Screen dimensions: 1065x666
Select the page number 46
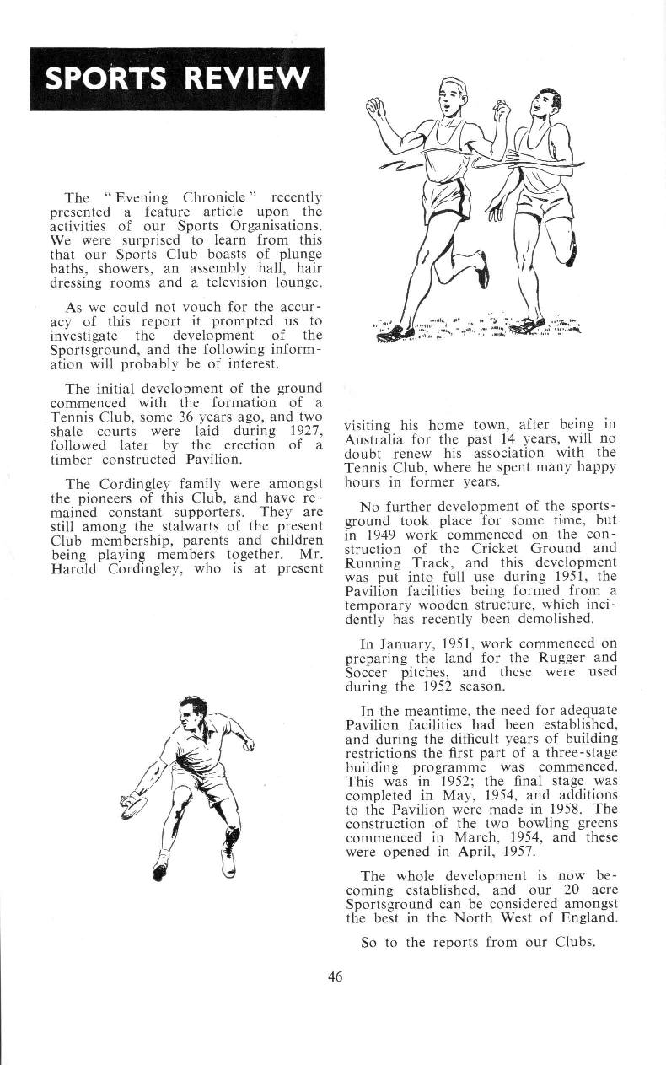pos(335,977)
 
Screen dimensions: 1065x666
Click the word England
pos(587,917)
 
